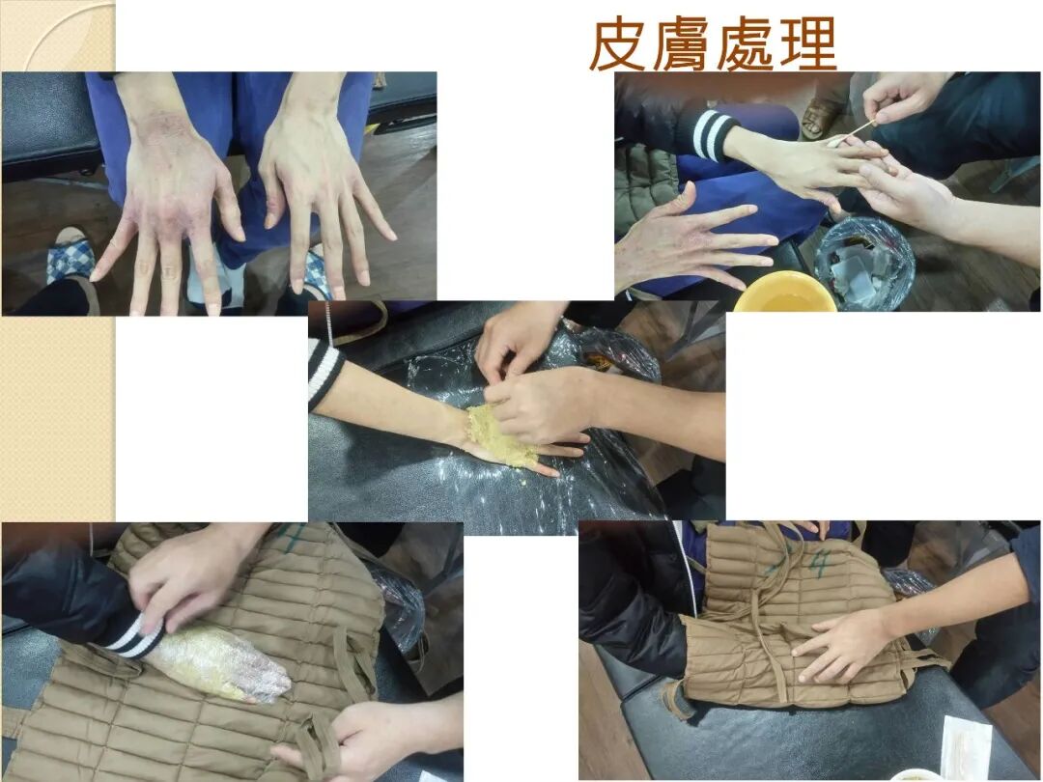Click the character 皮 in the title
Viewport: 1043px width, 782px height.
617,45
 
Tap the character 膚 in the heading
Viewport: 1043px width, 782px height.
681,45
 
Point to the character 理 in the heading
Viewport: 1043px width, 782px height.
807,45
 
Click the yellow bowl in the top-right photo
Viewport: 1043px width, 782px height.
785,292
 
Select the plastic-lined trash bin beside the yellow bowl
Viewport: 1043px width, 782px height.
864,264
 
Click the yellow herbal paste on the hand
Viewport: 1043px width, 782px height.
500,434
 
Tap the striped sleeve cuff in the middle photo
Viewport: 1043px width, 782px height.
324,373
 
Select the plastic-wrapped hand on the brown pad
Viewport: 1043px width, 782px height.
219,665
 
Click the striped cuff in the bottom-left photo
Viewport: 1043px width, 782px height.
133,637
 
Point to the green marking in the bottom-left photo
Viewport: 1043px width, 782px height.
292,537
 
